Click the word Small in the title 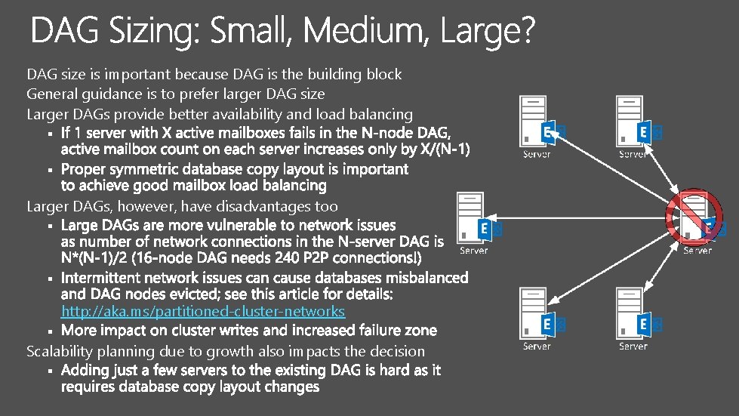pyautogui.click(x=253, y=32)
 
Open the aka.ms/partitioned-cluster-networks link pyautogui.click(x=203, y=311)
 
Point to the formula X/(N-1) pyautogui.click(x=442, y=149)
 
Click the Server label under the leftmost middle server pyautogui.click(x=474, y=251)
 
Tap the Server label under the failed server pyautogui.click(x=697, y=251)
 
